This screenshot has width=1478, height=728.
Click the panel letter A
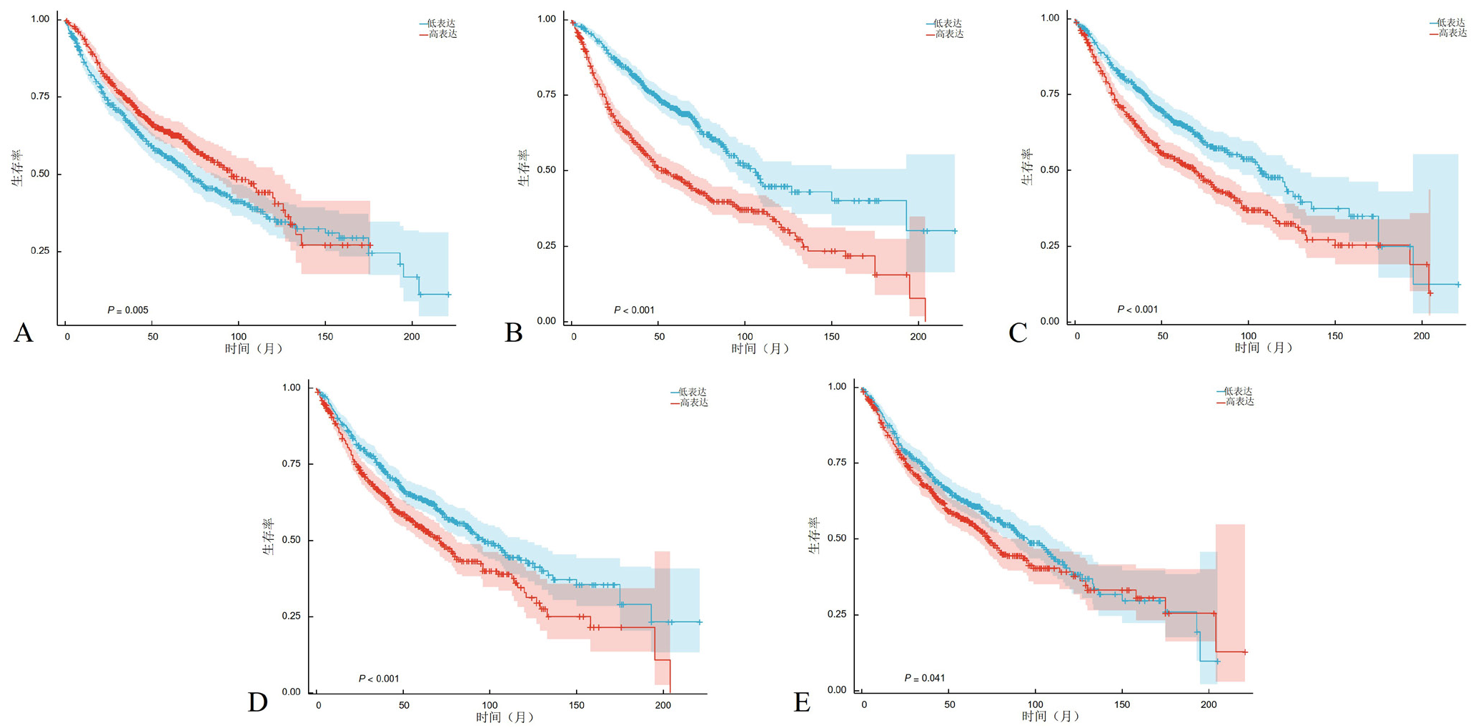[x=23, y=333]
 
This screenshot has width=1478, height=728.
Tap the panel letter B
[x=513, y=333]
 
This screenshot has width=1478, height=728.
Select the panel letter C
[x=1017, y=333]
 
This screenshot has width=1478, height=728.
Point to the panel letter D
[x=257, y=702]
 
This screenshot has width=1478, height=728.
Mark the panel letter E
[x=802, y=702]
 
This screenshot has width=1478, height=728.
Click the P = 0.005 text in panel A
[x=128, y=310]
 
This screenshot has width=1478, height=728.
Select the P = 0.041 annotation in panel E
[x=925, y=677]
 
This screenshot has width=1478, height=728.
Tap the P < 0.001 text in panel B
[x=634, y=310]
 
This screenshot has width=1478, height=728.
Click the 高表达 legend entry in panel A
[x=443, y=34]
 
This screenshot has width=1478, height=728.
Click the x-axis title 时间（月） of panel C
[x=1264, y=348]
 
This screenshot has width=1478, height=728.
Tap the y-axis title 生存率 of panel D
[x=269, y=536]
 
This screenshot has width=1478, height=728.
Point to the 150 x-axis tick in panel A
[x=325, y=336]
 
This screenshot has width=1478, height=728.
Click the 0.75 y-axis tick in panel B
[x=547, y=94]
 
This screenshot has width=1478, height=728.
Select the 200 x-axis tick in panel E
[x=1208, y=704]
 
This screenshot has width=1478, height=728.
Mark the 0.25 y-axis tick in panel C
[x=1051, y=246]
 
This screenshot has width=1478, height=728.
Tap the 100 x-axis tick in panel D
[x=490, y=705]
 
